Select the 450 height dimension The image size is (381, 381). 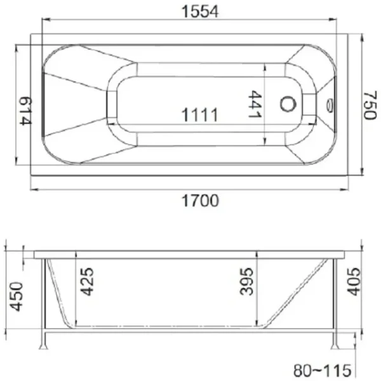[x=14, y=295]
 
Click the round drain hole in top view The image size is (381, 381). [x=289, y=104]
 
